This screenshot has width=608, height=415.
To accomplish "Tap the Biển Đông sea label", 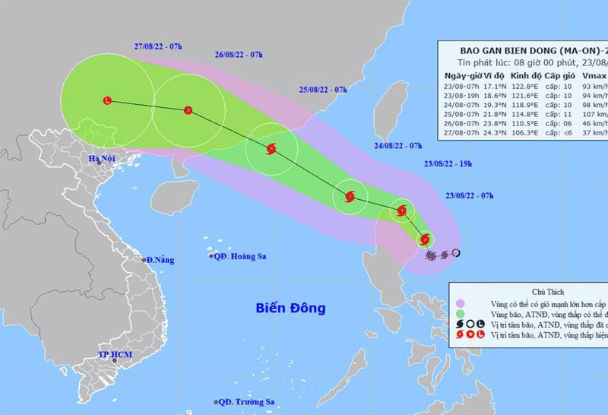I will pyautogui.click(x=290, y=309).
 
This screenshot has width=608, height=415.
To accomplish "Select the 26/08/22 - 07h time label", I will pyautogui.click(x=239, y=55).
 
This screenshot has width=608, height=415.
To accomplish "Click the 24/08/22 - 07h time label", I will pyautogui.click(x=398, y=144).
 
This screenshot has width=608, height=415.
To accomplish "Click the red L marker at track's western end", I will pyautogui.click(x=107, y=100).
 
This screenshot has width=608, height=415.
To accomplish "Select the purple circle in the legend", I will pyautogui.click(x=461, y=304).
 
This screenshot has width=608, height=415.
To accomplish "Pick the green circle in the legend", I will pyautogui.click(x=461, y=314).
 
